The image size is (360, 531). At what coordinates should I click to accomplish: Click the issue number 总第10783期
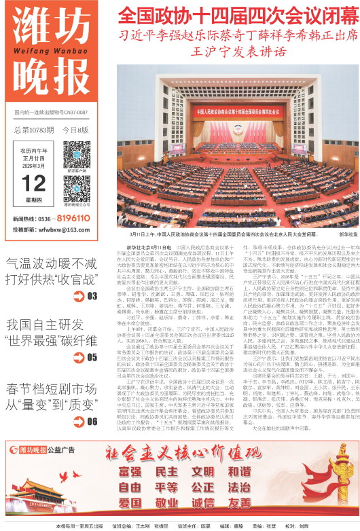pyautogui.click(x=33, y=129)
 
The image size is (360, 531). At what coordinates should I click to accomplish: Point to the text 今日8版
pyautogui.click(x=76, y=129)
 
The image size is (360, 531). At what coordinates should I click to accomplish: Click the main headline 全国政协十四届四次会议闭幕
pyautogui.click(x=235, y=16)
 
